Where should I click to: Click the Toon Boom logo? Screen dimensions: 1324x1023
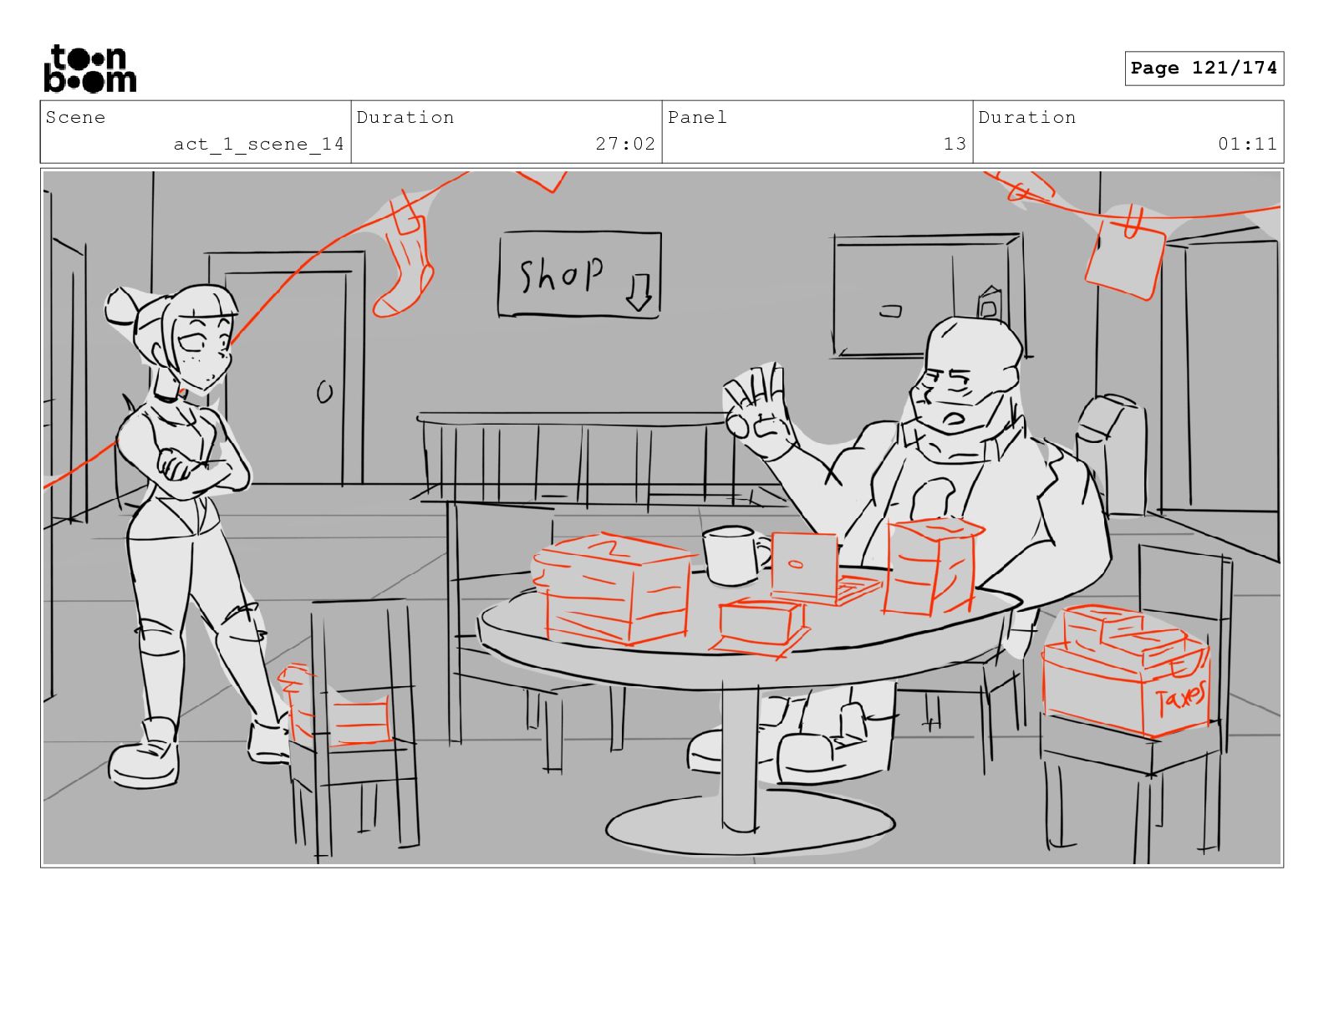coord(90,69)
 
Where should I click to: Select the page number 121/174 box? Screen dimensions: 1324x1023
coord(1204,69)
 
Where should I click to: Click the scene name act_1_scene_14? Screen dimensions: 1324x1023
coord(258,145)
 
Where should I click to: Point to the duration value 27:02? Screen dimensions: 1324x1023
coord(624,144)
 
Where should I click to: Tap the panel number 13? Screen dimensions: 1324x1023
coord(955,144)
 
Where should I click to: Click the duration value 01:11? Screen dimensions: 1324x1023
coord(1246,144)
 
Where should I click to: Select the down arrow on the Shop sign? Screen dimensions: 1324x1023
coord(639,293)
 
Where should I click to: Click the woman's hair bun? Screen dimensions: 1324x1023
coord(123,307)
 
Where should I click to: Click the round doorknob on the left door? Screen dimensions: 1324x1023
coord(325,392)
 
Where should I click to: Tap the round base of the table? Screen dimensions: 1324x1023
coord(750,826)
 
